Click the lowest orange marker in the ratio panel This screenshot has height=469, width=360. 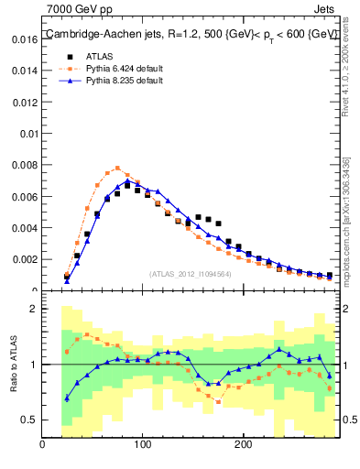[x=218, y=401]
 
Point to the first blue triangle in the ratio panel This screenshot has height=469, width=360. [x=67, y=398]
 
